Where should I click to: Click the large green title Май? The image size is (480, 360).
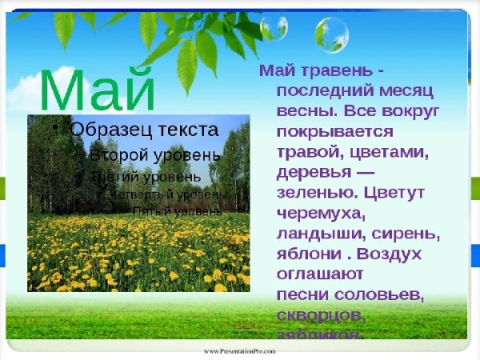pos(97,90)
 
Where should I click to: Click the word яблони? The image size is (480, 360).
pos(303,254)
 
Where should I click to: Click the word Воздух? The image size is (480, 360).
pos(394,254)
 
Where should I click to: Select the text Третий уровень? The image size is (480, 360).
pos(146,176)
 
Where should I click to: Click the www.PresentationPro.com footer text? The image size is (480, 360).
pos(240,351)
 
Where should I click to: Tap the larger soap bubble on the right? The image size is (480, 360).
pos(331,34)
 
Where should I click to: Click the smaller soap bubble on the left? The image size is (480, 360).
pos(273,27)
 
